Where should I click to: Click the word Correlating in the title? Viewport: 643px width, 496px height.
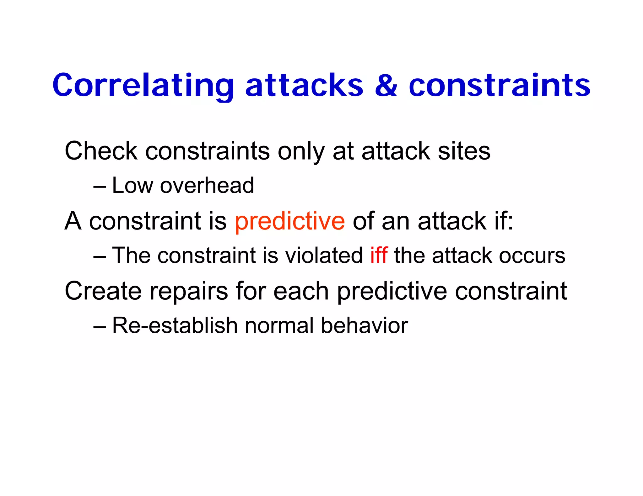[143, 85]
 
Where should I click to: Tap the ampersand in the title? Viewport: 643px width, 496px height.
[386, 85]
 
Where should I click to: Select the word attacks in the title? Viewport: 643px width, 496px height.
[304, 85]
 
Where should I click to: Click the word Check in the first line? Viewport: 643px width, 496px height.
[101, 151]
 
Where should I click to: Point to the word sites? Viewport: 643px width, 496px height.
[464, 151]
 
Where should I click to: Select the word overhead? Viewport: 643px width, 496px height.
[207, 185]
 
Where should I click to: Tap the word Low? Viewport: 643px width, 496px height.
[132, 185]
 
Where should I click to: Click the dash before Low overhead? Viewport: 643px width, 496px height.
[100, 187]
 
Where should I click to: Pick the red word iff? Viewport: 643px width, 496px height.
[379, 255]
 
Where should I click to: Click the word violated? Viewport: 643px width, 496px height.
[324, 255]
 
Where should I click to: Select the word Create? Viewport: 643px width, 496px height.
[103, 291]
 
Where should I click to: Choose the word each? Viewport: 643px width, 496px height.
[301, 291]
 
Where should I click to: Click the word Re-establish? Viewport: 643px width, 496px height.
[175, 325]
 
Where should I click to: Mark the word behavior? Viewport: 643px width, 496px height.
[364, 325]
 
